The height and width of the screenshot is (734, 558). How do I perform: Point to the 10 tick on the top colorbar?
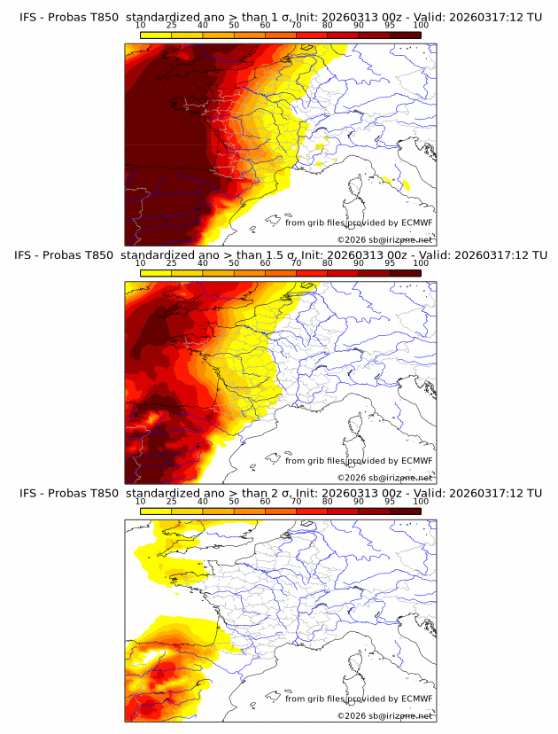(140, 26)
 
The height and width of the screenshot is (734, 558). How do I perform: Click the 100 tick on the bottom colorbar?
(421, 501)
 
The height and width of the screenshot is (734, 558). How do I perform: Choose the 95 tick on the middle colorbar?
(390, 263)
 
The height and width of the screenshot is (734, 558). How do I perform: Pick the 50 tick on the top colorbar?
(234, 26)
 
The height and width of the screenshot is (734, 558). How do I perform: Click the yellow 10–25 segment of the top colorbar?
(155, 35)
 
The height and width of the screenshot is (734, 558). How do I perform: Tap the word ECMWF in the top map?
(416, 223)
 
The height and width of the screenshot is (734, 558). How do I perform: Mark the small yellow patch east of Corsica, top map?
(407, 185)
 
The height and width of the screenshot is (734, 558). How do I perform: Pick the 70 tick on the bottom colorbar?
(296, 501)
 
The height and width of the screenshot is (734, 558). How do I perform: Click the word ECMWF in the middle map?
(416, 461)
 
